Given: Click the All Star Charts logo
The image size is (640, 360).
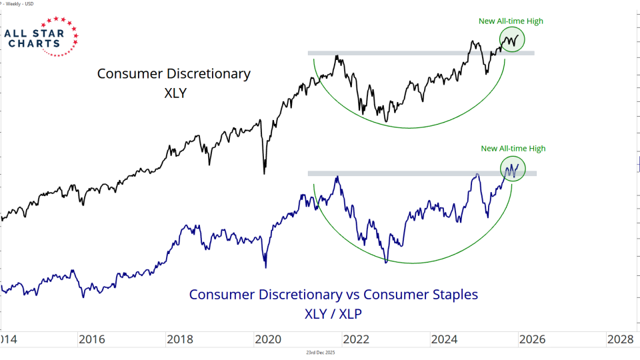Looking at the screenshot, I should pos(40,37).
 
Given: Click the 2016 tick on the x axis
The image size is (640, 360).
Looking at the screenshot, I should pos(91,339).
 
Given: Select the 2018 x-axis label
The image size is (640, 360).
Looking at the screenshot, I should pos(180,339).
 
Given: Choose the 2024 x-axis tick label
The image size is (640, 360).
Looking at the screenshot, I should pos(443,339).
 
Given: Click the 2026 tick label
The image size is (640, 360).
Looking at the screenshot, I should pos(531,339).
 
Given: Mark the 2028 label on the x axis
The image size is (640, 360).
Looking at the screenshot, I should pos(619,339).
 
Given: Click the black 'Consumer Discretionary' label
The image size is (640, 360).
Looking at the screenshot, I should pos(174,73).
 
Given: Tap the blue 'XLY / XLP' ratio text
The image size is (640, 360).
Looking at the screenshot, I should pos(333,312).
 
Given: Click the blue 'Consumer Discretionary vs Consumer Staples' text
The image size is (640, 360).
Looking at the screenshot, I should pos(333,294).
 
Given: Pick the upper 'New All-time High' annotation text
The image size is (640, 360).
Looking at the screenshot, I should pos(511,21).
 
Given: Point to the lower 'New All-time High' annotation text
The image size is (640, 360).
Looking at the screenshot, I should pos(513,149).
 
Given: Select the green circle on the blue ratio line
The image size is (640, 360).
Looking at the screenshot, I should pos(512,168).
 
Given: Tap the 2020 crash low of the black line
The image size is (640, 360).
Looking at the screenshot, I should pos(265,173).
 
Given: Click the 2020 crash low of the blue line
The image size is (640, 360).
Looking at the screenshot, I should pos(266,267).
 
